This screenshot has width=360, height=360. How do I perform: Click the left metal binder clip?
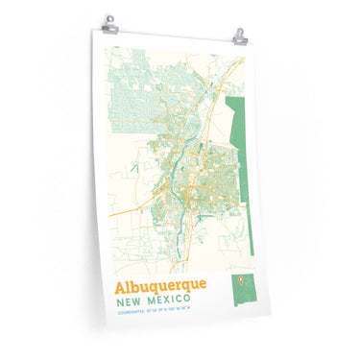point(109,24)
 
